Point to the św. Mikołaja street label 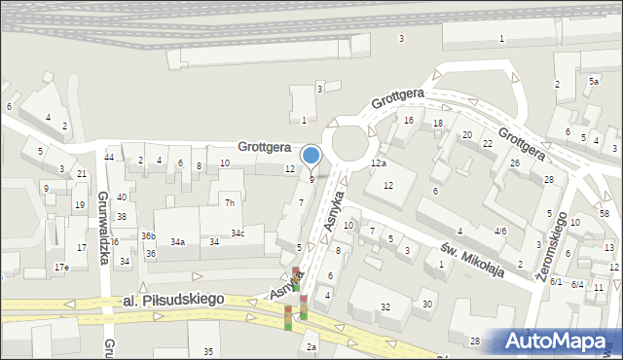(471, 257)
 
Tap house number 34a (177, 241)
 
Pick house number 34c (238, 234)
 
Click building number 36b (148, 235)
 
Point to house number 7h (230, 203)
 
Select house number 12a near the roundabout (379, 163)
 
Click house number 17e (61, 267)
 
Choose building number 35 (207, 351)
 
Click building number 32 (385, 307)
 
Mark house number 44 (110, 158)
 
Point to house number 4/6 (499, 231)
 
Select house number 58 (605, 213)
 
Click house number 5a (593, 83)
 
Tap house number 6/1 (556, 281)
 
